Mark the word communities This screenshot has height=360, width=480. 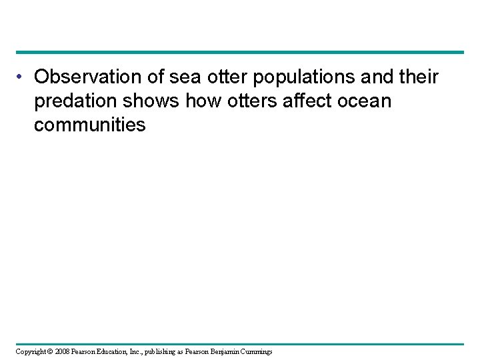pos(90,125)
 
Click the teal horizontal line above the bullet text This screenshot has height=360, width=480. pos(240,52)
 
